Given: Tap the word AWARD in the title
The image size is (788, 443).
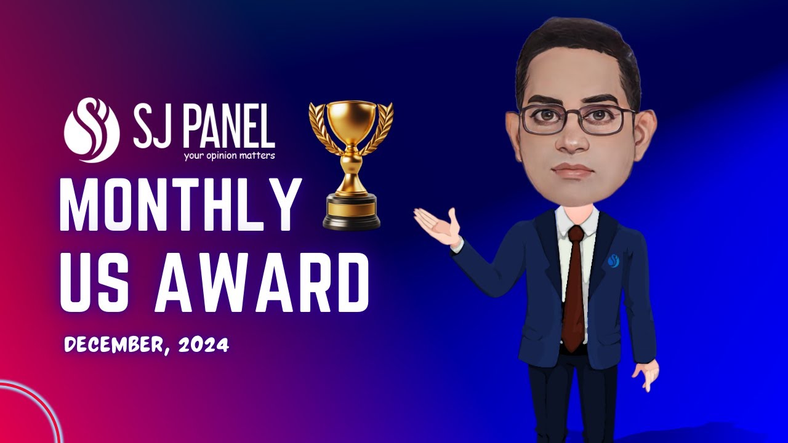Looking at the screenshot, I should coord(261,284).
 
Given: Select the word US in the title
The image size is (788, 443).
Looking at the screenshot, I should coord(98,284).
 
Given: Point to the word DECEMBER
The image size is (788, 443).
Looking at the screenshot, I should coord(114,345).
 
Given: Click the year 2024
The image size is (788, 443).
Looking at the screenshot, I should coord(204,345).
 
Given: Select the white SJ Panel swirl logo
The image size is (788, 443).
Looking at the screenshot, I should coord(91,130).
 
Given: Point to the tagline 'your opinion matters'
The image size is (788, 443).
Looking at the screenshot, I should coord(229,156).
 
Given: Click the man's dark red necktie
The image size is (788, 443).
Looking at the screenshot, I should coord(574,289).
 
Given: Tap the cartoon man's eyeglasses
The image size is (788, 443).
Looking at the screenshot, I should coord(577,120).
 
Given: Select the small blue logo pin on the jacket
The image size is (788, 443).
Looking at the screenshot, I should coord(613,261).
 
